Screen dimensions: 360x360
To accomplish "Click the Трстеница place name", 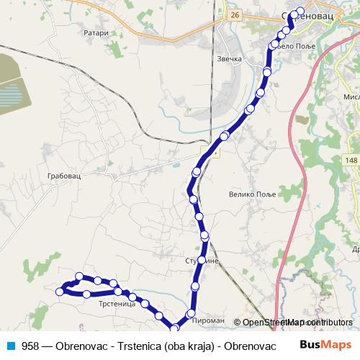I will [x=117, y=305].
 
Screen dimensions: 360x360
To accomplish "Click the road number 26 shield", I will [x=235, y=14].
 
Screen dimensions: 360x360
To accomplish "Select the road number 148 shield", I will [x=351, y=160].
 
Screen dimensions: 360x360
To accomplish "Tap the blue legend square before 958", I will [x=11, y=346].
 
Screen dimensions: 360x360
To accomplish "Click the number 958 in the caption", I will [x=30, y=346].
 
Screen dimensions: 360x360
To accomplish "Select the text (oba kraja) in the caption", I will [x=189, y=346].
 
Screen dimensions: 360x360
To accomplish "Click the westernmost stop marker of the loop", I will [x=60, y=292].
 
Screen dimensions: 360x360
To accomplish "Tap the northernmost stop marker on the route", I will [x=300, y=11].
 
